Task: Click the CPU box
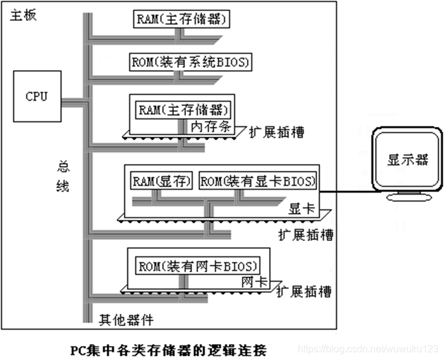click(x=36, y=96)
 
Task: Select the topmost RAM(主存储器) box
click(x=182, y=19)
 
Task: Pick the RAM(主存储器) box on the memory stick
click(x=184, y=110)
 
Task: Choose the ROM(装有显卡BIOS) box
click(x=259, y=181)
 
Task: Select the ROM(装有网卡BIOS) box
click(x=196, y=266)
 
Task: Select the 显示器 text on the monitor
click(x=407, y=160)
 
